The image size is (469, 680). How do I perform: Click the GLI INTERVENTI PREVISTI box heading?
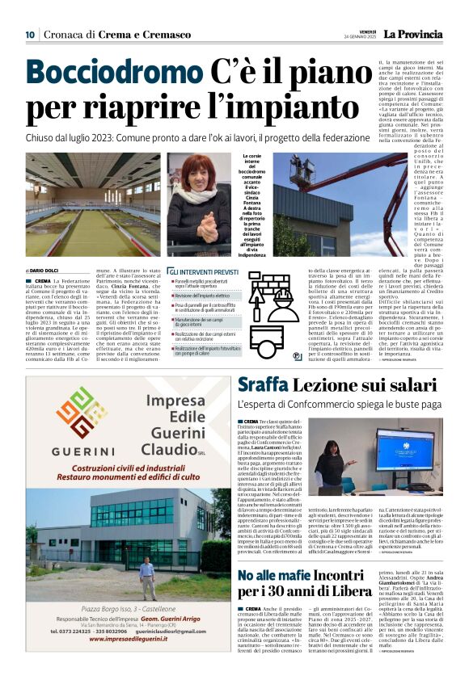[202, 273]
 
